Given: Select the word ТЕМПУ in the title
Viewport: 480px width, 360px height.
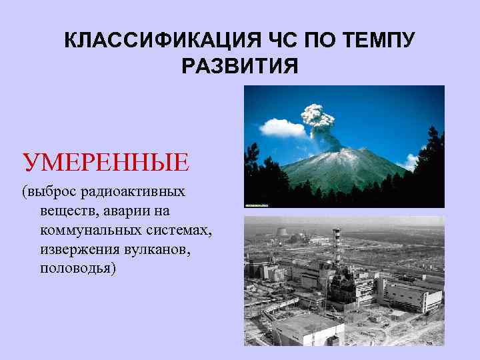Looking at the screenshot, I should [381, 41].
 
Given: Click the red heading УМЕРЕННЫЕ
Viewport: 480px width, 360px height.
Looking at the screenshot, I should [106, 162].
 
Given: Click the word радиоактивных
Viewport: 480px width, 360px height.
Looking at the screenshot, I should [133, 193].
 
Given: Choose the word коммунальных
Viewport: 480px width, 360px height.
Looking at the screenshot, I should [87, 231].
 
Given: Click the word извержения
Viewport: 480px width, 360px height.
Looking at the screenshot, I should [74, 250].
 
